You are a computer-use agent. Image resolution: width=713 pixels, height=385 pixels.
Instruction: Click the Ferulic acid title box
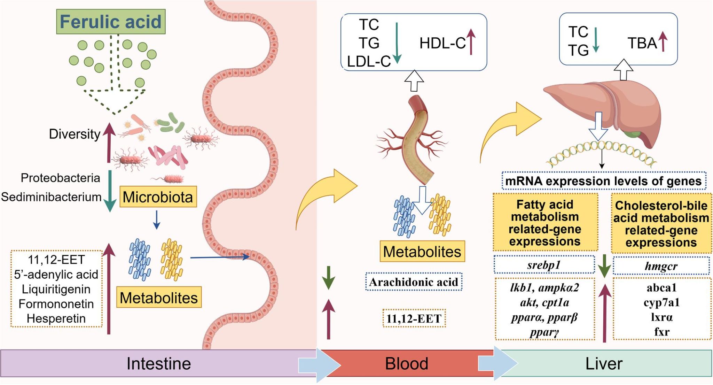[111, 22]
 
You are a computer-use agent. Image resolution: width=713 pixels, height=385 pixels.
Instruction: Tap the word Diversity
[75, 134]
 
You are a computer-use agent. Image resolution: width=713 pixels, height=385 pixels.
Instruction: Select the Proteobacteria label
[60, 178]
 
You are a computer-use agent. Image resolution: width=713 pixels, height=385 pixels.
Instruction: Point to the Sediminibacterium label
[51, 197]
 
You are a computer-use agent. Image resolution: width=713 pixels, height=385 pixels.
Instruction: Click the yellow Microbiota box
[158, 197]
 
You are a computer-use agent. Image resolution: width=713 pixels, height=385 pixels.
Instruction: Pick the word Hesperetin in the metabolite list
[56, 318]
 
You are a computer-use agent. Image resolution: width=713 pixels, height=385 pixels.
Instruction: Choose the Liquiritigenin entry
[56, 289]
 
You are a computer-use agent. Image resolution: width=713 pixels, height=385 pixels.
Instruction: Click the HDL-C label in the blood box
[442, 43]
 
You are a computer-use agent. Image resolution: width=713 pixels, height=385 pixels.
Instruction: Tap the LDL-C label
[369, 62]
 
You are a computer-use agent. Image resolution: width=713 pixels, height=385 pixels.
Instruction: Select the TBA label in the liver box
[642, 43]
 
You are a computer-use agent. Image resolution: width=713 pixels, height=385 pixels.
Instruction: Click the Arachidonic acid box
[414, 282]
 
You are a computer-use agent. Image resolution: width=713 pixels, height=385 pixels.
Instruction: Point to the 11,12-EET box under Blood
[414, 318]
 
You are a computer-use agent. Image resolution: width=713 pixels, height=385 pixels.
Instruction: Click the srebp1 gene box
[544, 265]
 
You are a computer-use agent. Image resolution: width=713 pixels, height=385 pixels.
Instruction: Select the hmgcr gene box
[661, 266]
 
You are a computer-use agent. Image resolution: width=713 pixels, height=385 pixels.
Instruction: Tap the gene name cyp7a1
[661, 302]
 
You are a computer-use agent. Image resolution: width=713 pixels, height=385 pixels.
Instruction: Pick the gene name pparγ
[544, 332]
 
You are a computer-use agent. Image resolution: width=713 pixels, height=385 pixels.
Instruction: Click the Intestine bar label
[158, 363]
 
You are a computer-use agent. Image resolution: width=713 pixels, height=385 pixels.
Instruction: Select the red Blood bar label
[406, 363]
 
